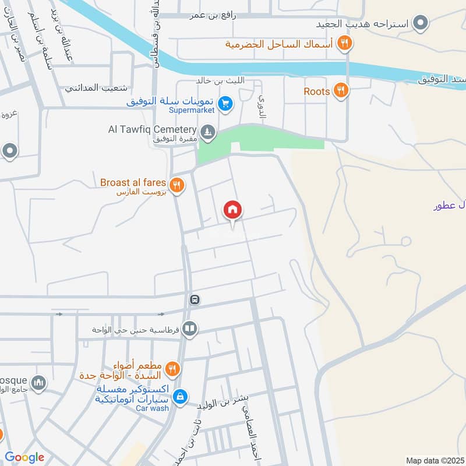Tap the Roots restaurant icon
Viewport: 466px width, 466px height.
pos(341,91)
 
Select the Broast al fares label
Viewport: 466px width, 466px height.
pos(133,182)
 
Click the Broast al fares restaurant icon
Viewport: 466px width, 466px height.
pos(178,186)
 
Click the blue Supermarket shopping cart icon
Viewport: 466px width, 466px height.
pos(225,105)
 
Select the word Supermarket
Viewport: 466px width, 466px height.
pos(190,110)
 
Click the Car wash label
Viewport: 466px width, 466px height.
pos(152,408)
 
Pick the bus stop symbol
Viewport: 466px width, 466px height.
pos(195,301)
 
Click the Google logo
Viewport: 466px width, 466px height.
pos(24,457)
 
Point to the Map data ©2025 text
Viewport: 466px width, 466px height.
pos(434,460)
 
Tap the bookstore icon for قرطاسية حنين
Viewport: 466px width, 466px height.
pos(189,330)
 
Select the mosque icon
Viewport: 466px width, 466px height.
pos(38,383)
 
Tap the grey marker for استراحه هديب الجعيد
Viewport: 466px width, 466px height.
pos(420,24)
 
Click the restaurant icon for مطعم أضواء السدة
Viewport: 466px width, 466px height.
pos(172,368)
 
